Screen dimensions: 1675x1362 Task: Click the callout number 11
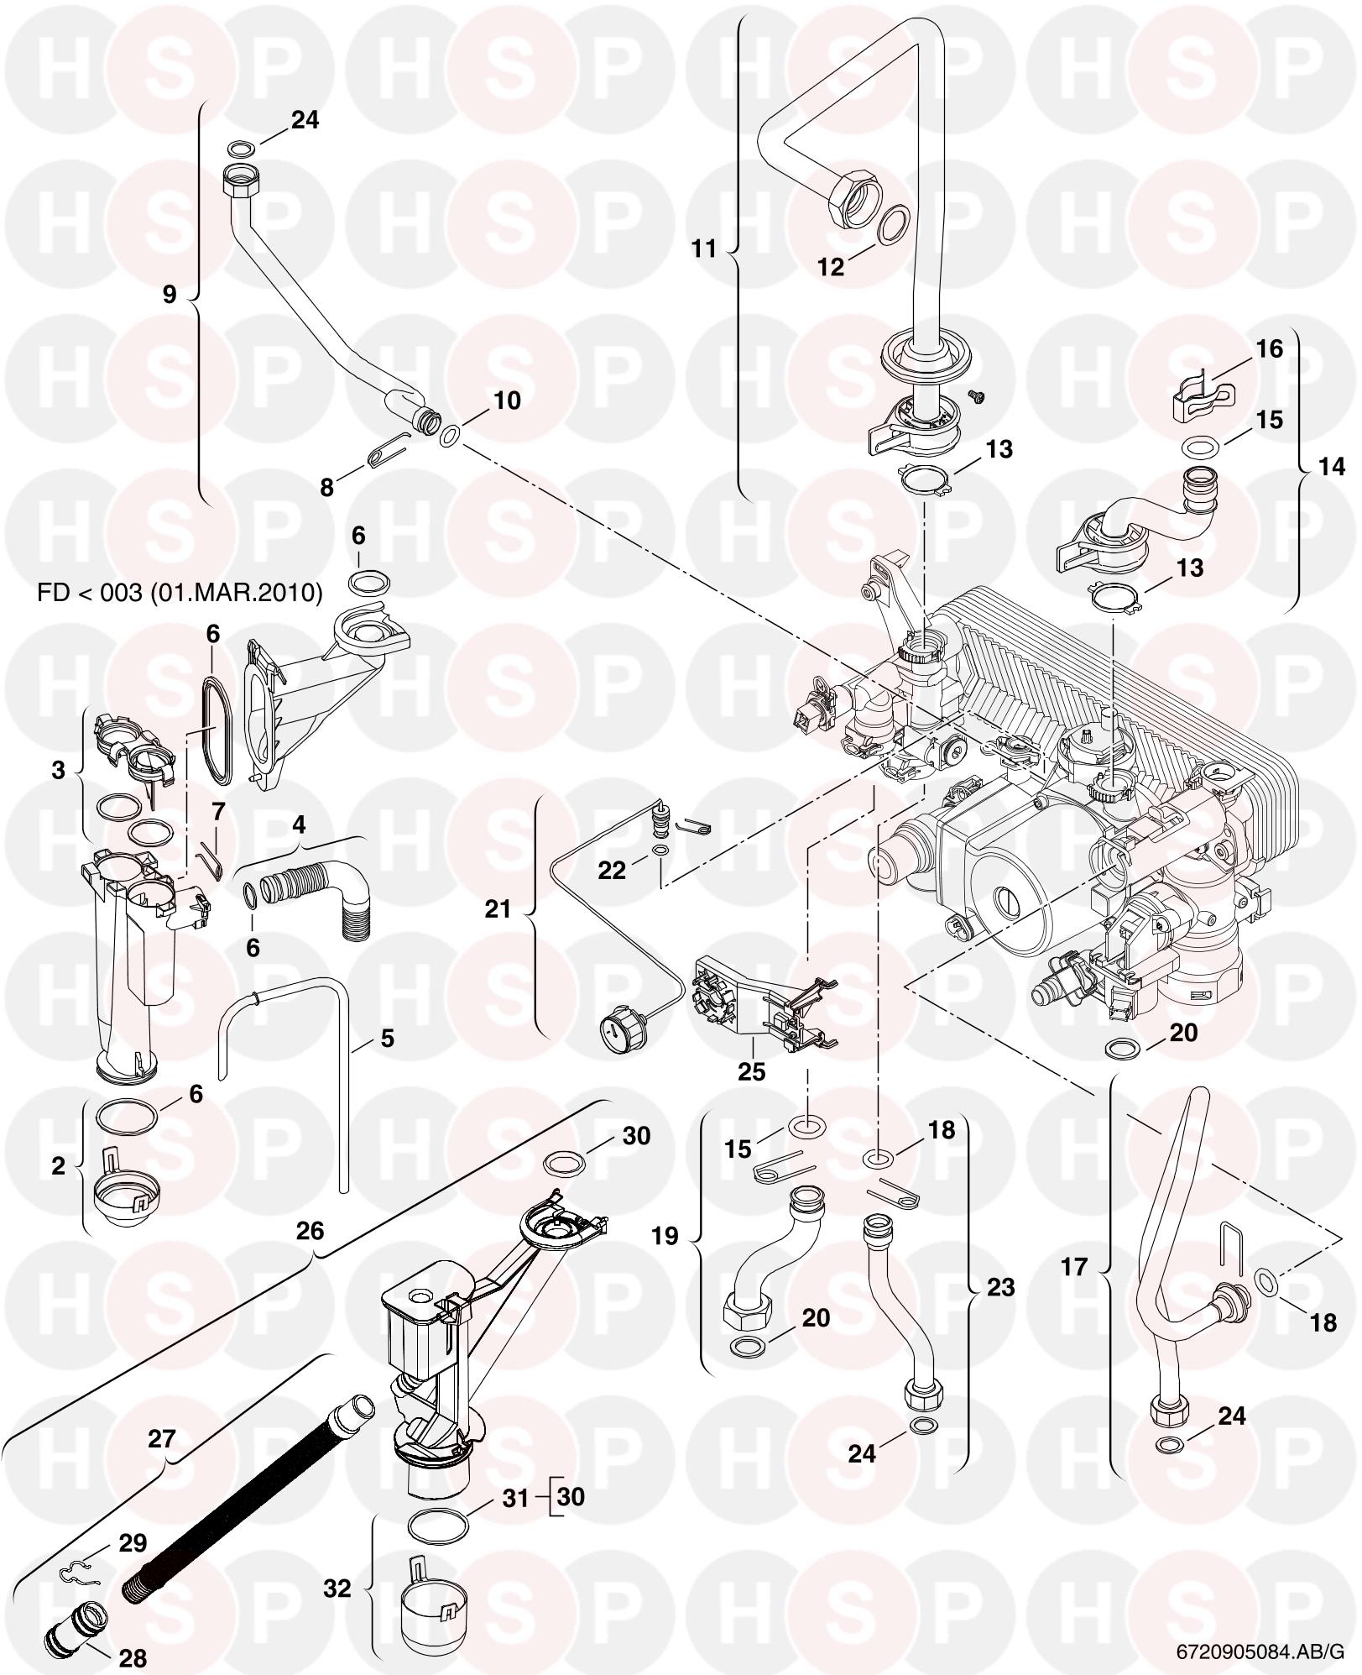(x=704, y=249)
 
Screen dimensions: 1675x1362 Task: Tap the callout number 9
(x=170, y=295)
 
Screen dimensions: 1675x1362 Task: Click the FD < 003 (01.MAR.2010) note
(x=180, y=593)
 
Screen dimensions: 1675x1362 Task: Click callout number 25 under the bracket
(x=752, y=1071)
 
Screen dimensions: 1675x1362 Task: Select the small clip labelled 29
(x=81, y=1572)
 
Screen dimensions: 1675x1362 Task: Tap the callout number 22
(x=612, y=871)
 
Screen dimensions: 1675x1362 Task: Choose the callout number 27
(x=162, y=1440)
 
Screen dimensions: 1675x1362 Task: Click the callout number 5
(x=387, y=1039)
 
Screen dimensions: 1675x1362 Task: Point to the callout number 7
(x=219, y=812)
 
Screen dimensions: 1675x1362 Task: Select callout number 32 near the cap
(x=337, y=1589)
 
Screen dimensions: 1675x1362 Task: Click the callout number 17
(x=1074, y=1266)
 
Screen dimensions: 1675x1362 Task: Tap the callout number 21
(x=498, y=909)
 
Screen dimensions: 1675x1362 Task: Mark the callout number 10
(x=507, y=400)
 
